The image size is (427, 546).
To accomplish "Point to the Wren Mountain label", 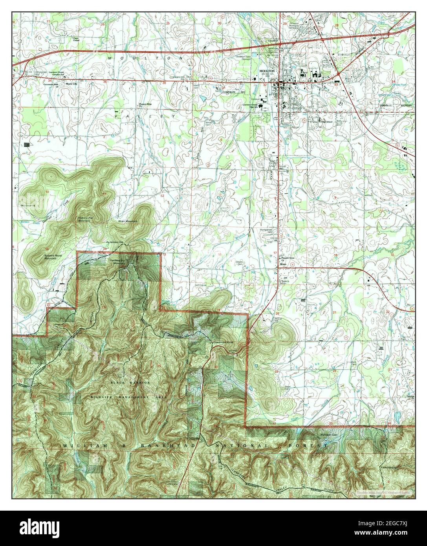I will tap(128, 222).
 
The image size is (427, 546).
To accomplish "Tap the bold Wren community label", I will tap(282, 265).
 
